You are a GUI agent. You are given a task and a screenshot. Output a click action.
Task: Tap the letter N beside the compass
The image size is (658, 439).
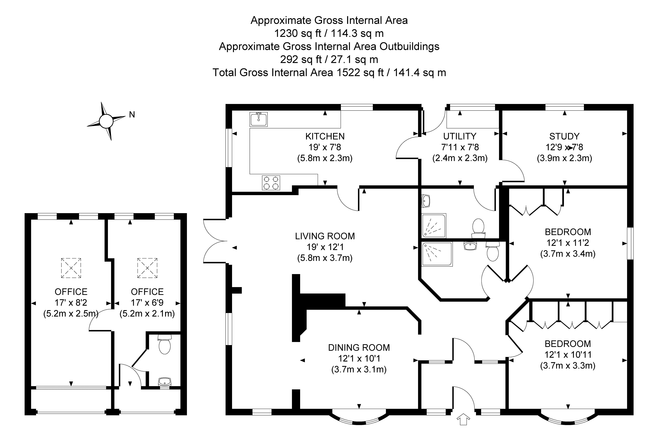pos(132,115)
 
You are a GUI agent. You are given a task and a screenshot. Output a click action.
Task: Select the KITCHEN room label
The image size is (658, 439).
pos(325,136)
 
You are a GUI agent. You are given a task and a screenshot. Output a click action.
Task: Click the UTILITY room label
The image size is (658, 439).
pos(460,136)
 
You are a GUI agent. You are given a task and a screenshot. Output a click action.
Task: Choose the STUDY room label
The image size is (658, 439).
pos(564,136)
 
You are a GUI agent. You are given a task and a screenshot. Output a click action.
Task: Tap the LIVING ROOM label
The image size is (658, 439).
pos(325,236)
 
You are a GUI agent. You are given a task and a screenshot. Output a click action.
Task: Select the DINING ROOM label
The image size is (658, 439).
pos(359,347)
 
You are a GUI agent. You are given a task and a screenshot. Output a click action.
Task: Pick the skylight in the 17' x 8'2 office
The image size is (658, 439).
pos(71,268)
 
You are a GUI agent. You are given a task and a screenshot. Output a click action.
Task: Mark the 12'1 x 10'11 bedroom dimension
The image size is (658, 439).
pos(568,354)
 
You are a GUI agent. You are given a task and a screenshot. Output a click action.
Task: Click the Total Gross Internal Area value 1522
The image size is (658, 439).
pos(349,73)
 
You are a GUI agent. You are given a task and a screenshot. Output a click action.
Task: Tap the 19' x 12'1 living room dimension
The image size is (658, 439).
pos(325,247)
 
